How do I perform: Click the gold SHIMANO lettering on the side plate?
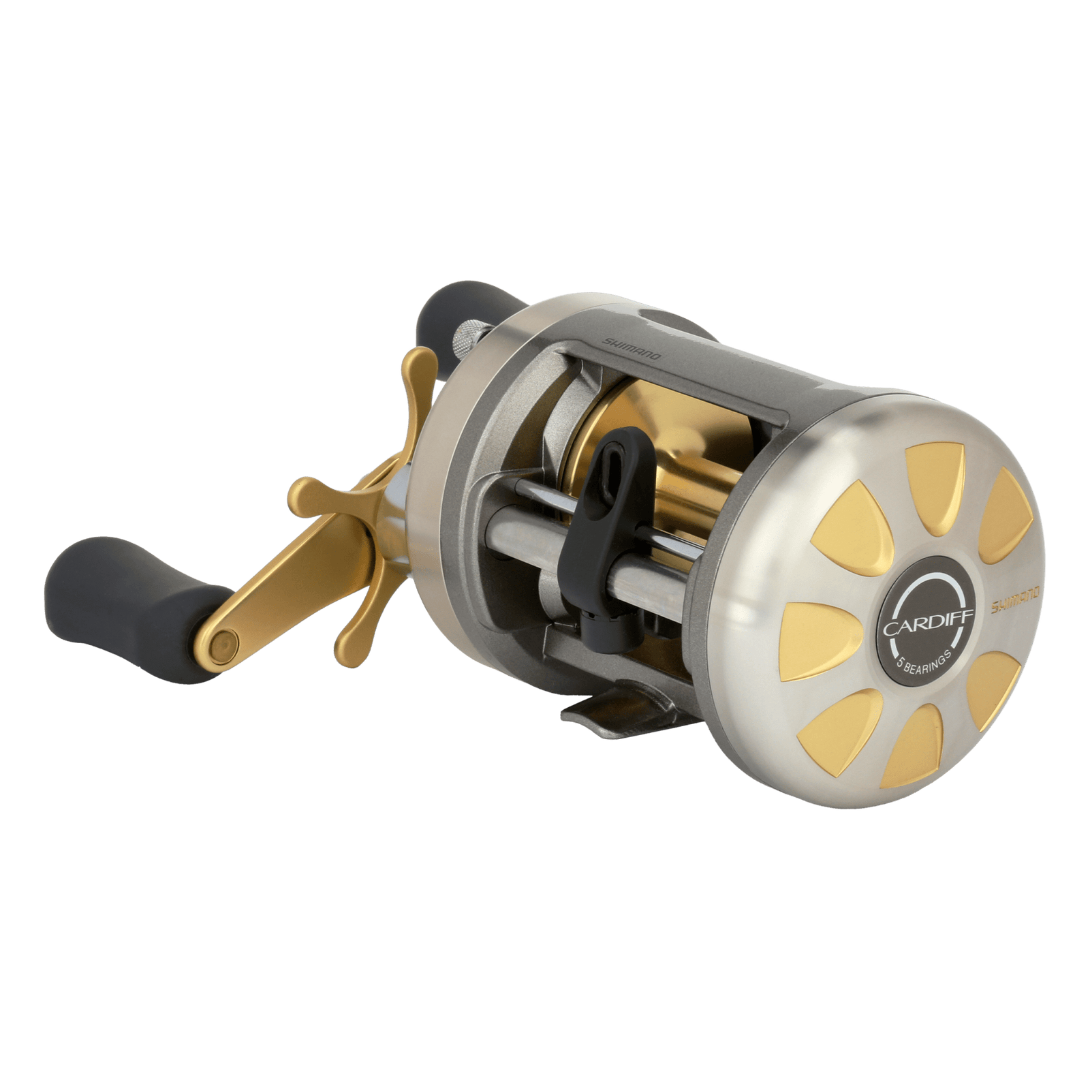(1014, 599)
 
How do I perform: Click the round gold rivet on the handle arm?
(223, 644)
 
